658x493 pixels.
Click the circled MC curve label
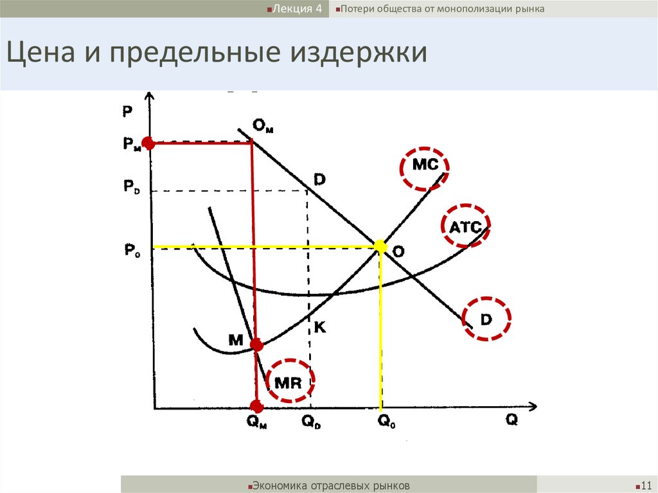click(424, 165)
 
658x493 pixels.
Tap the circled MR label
click(289, 383)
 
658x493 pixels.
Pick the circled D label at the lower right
click(487, 319)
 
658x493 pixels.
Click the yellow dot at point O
click(380, 246)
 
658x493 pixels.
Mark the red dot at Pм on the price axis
click(148, 143)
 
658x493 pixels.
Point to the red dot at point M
click(256, 345)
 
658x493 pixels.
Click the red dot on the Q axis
click(256, 406)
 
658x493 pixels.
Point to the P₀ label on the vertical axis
click(131, 249)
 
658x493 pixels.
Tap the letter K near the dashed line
click(319, 327)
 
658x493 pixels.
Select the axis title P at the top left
click(127, 111)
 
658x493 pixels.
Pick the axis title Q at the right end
click(511, 419)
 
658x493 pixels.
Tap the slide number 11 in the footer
click(646, 485)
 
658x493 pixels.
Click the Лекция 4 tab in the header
click(295, 9)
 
